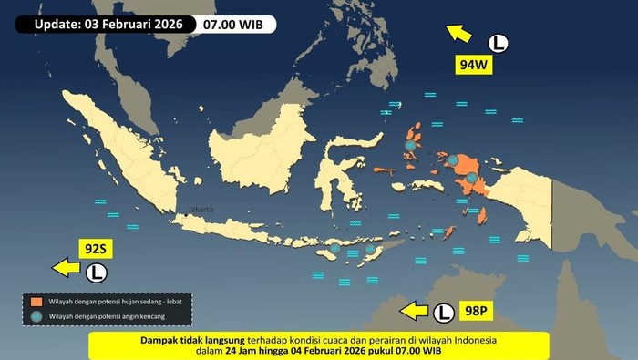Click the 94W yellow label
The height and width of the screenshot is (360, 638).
point(474,65)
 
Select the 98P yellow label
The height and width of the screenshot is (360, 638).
point(476,312)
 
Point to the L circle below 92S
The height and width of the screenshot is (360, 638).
point(97,272)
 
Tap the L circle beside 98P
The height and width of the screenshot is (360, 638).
point(444,312)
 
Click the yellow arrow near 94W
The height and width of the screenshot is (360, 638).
point(460,34)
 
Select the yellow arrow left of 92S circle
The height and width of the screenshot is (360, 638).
point(66,268)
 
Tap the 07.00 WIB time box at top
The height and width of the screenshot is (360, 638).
point(237,24)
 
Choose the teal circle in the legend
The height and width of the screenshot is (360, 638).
point(36,316)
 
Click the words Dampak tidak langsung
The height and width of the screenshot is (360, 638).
point(190,339)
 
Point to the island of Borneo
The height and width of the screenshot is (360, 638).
point(260,146)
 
